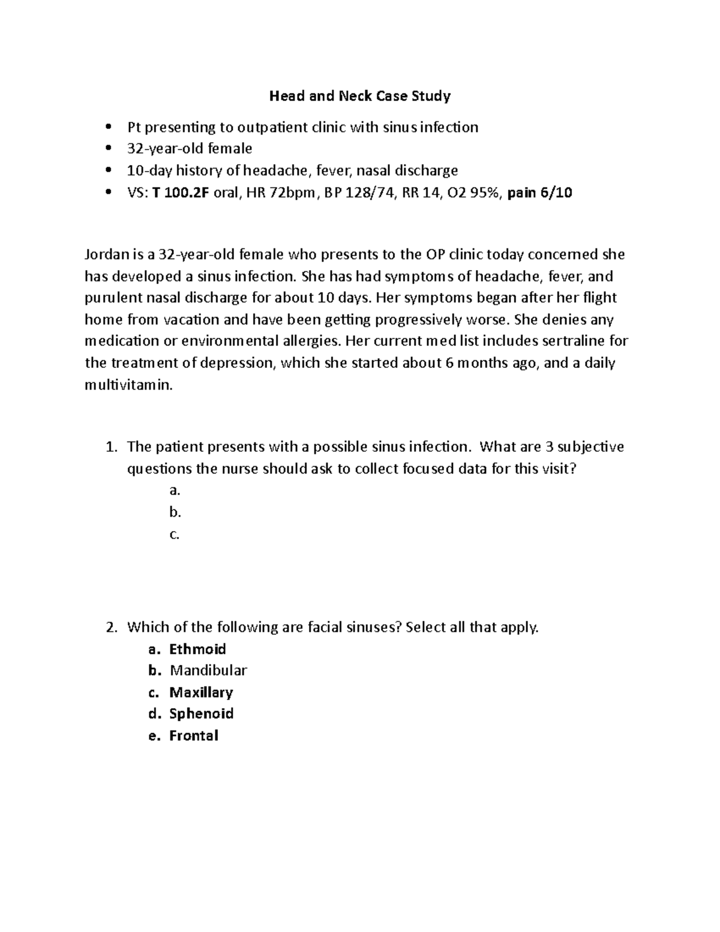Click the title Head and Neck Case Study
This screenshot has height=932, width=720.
point(359,95)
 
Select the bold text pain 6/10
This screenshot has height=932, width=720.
point(539,193)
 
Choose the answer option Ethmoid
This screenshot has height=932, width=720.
point(197,649)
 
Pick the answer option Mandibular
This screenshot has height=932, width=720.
point(208,671)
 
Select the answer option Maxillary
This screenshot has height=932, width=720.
point(201,693)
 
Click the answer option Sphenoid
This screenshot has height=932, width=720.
point(201,714)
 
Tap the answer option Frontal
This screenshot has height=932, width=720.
point(193,736)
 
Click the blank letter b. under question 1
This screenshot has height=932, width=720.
point(175,513)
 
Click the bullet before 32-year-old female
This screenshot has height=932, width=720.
point(108,148)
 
